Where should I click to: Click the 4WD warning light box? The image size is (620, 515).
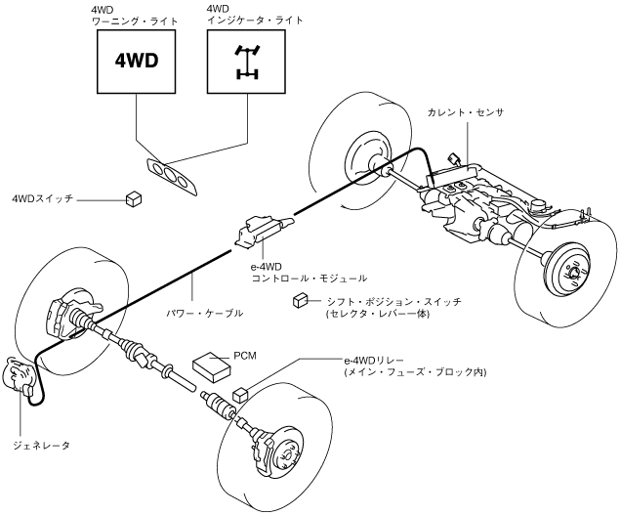(137, 58)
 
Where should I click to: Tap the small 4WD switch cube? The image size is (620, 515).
(135, 199)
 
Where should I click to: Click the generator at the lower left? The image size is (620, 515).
(21, 376)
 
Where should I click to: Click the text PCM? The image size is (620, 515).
(245, 357)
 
